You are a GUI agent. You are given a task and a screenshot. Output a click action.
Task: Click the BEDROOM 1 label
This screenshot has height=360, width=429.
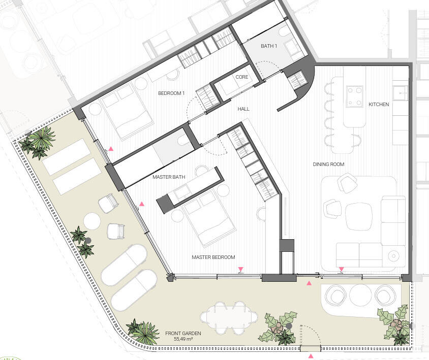(x=171, y=93)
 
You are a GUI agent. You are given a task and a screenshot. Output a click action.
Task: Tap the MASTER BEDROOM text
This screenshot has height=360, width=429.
(x=213, y=257)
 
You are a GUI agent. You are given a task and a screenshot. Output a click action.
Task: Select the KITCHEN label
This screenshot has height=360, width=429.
(x=379, y=105)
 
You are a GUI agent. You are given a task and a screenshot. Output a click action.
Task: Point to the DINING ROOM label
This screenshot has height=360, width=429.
(x=328, y=165)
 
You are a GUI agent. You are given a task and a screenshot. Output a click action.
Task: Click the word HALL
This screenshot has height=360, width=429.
(x=243, y=109)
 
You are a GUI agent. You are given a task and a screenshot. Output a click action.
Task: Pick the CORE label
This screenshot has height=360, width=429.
(x=242, y=77)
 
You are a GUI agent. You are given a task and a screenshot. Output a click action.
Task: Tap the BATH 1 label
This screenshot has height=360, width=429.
(x=269, y=46)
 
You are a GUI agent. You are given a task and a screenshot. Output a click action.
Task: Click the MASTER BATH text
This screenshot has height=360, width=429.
(x=169, y=177)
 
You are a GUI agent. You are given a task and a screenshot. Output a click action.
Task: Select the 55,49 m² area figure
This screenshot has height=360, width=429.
(x=183, y=339)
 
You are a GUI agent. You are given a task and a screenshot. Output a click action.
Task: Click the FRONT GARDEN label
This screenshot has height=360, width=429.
(x=183, y=334)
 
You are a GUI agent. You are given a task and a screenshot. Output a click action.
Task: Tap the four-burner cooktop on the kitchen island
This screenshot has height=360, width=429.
(x=354, y=96)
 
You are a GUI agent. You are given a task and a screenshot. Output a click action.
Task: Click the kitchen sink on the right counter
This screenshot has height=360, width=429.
(x=401, y=93)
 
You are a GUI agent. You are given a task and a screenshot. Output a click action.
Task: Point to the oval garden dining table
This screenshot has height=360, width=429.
(x=229, y=317)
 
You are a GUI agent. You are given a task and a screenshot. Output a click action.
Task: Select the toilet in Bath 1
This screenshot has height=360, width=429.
(x=285, y=32)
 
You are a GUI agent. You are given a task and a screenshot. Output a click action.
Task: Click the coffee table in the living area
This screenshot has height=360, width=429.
(x=359, y=216)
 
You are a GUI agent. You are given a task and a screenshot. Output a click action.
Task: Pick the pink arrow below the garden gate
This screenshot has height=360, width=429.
(x=311, y=356)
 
